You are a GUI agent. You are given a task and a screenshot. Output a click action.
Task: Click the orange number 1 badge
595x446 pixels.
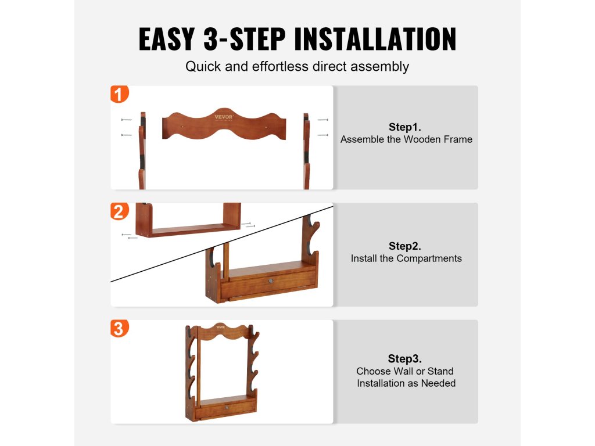pyautogui.click(x=120, y=94)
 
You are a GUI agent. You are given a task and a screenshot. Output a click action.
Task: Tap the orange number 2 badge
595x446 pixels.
pyautogui.click(x=120, y=211)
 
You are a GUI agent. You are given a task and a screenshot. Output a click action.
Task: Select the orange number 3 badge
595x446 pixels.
pyautogui.click(x=120, y=329)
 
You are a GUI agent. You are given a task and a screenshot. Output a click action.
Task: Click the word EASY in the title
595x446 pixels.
pyautogui.click(x=167, y=39)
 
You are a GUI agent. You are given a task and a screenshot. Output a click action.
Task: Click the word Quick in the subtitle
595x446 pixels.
pyautogui.click(x=203, y=67)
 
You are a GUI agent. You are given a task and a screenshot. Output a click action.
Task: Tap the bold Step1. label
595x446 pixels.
pyautogui.click(x=405, y=127)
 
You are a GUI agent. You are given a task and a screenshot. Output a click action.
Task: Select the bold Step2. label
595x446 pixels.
pyautogui.click(x=405, y=246)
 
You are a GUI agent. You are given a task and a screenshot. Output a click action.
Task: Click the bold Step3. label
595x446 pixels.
pyautogui.click(x=405, y=358)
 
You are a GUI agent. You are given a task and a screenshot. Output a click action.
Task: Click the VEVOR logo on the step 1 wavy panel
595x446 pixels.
pyautogui.click(x=224, y=117)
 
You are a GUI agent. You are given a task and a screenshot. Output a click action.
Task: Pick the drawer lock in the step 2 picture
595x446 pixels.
pyautogui.click(x=271, y=281)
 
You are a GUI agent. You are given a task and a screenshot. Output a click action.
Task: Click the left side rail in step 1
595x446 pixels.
pyautogui.click(x=142, y=150)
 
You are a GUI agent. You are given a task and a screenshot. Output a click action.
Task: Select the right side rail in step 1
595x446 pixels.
pyautogui.click(x=306, y=151)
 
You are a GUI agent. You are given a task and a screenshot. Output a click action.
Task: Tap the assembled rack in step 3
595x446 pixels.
pyautogui.click(x=222, y=373)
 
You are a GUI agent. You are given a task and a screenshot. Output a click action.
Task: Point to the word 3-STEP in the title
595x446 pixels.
pyautogui.click(x=245, y=39)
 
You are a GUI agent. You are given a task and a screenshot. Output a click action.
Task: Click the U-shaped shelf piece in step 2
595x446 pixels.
pyautogui.click(x=188, y=229)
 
